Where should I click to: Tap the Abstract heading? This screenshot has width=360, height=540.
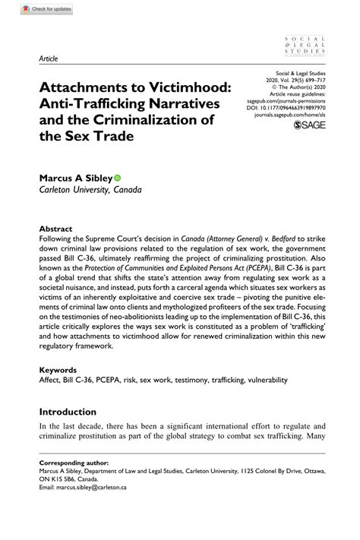[56, 229]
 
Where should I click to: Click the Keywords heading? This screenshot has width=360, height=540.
[59, 370]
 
